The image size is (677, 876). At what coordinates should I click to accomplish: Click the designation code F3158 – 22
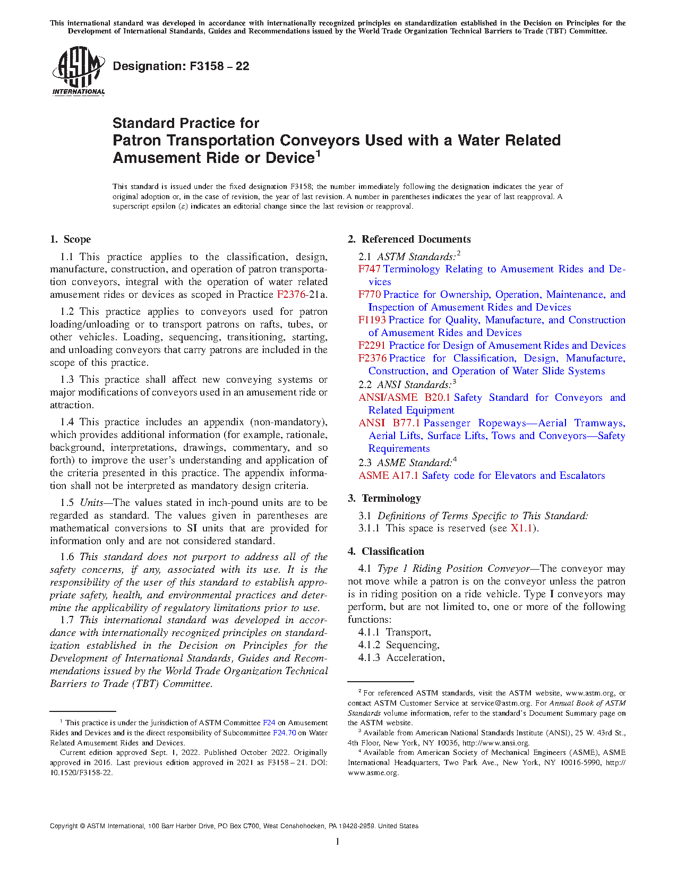181,66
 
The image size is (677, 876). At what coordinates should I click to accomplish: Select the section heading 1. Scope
70,239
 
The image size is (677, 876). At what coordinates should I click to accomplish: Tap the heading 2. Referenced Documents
409,239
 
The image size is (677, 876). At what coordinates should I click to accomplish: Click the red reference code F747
369,269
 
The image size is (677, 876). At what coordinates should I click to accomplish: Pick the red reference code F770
369,295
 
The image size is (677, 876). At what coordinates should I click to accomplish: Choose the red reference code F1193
372,320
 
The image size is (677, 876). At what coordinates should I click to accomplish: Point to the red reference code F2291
372,346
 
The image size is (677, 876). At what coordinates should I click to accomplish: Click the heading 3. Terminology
384,499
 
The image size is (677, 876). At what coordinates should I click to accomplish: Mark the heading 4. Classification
386,552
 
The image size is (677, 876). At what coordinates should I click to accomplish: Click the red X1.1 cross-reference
521,528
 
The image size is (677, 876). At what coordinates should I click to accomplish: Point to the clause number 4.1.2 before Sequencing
369,645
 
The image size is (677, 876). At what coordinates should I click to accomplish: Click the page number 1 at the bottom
337,841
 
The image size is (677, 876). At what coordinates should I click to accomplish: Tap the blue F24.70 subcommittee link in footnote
284,733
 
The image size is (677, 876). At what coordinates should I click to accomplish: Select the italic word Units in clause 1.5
91,503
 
